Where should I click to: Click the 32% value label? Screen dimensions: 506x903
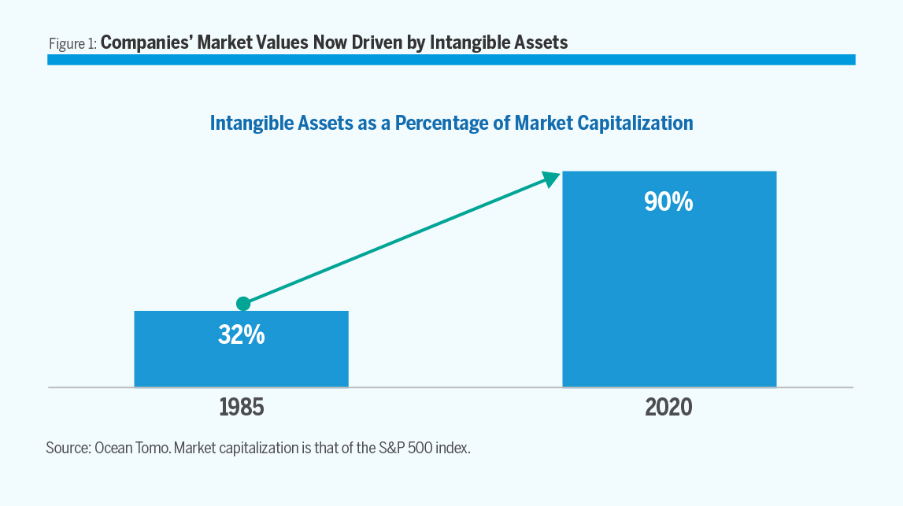coord(241,335)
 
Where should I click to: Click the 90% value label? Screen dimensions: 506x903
coord(668,202)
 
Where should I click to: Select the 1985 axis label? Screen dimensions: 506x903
coord(242,408)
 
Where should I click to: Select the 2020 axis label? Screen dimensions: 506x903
coord(668,408)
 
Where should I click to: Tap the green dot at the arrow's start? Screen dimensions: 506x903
coord(243,304)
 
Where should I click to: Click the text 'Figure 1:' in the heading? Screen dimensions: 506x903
coord(72,43)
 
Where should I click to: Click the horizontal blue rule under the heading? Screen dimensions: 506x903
coord(451,60)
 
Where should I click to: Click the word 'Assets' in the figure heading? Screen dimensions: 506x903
coord(540,42)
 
